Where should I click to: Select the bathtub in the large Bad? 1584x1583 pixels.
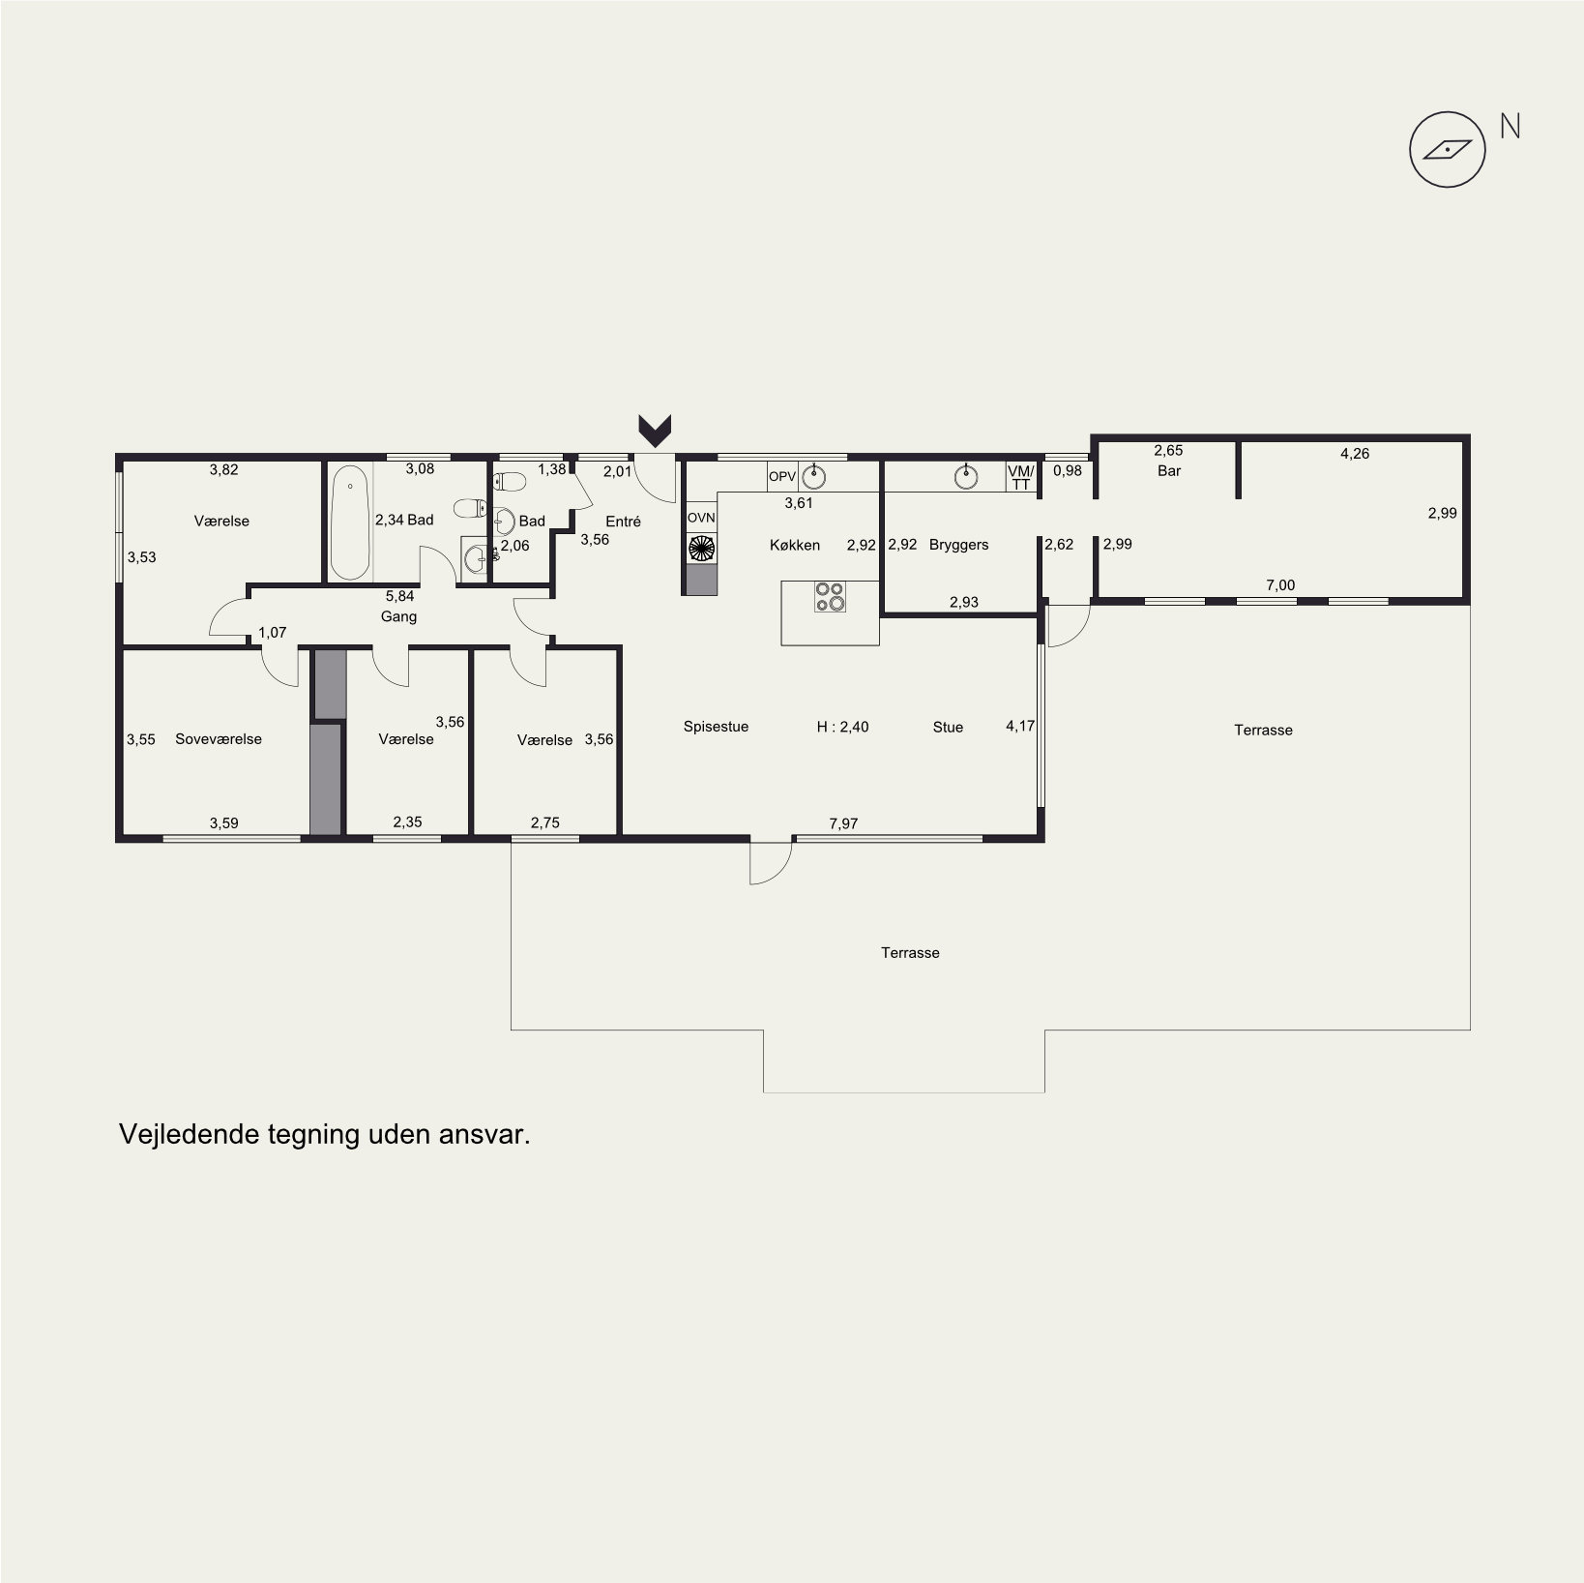350,523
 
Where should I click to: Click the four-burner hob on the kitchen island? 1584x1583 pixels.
831,596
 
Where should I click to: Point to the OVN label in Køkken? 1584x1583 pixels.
701,518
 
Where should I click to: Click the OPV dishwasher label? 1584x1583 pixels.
781,476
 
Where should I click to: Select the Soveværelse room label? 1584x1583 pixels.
219,739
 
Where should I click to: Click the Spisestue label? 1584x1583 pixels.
716,727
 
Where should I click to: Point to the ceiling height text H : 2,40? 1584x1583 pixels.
842,727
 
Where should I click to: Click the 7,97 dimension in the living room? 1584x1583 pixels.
843,823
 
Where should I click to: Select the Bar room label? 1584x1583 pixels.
1169,471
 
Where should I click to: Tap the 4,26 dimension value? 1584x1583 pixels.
1355,453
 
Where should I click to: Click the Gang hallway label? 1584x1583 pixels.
398,616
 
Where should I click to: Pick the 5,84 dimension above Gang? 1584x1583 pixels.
399,597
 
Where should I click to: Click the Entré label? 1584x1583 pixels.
623,522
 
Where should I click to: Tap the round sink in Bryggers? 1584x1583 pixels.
965,476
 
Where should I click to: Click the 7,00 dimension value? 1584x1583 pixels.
1280,585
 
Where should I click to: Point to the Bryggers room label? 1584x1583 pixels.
958,545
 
